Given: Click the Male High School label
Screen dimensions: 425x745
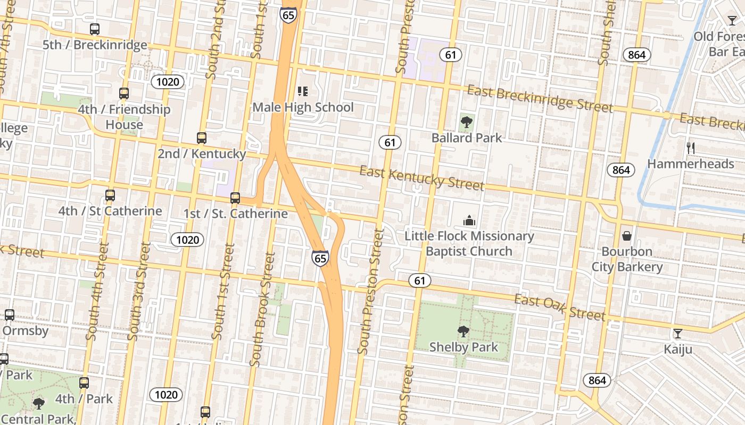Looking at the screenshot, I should click(x=303, y=107).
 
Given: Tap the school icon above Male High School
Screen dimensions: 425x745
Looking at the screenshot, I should click(x=303, y=91).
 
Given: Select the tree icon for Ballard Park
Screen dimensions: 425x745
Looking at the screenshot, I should click(x=467, y=122).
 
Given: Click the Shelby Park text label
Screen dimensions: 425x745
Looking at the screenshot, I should click(x=463, y=347).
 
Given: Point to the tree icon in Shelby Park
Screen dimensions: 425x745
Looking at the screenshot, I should click(x=463, y=331).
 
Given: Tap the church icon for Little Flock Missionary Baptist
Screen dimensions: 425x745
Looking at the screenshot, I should click(x=469, y=220).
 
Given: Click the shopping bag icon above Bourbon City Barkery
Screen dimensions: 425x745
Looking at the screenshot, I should click(x=627, y=235).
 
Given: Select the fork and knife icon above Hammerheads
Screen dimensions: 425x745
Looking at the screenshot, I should click(x=691, y=148).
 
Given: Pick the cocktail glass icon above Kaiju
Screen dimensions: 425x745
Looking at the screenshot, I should click(x=677, y=334).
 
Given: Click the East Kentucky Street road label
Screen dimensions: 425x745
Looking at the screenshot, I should click(x=421, y=178).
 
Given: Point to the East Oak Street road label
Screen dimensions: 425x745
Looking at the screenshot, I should click(x=559, y=308).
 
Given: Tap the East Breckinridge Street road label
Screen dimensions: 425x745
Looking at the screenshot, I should click(x=540, y=99).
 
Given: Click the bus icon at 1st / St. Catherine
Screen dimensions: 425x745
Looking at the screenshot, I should click(x=235, y=198).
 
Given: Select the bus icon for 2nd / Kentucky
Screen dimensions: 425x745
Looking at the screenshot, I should click(x=202, y=138).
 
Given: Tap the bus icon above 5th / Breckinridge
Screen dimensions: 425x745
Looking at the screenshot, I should click(x=95, y=29).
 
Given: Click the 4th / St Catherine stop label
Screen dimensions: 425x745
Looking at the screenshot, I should click(x=110, y=211).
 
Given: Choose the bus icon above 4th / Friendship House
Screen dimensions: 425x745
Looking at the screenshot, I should click(x=124, y=93).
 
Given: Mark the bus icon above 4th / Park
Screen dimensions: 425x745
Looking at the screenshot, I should click(x=84, y=383).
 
